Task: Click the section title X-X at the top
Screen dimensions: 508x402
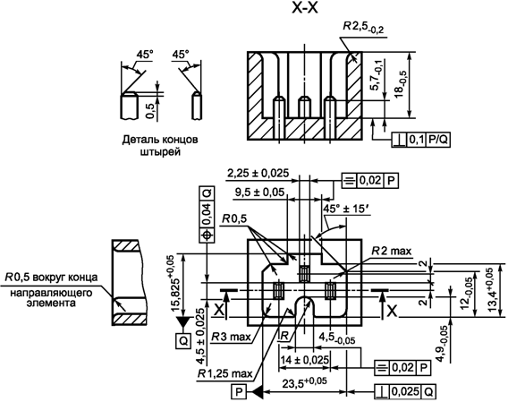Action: (x=305, y=8)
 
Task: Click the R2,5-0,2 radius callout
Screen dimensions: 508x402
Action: (x=363, y=27)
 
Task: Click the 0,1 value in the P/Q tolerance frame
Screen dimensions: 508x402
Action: (x=417, y=140)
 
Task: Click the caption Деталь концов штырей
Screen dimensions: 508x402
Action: (x=160, y=145)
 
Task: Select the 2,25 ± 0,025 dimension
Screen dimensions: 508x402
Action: (x=258, y=174)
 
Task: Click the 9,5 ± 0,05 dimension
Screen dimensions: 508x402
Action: (x=259, y=192)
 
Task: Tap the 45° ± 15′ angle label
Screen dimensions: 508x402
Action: (x=346, y=209)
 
